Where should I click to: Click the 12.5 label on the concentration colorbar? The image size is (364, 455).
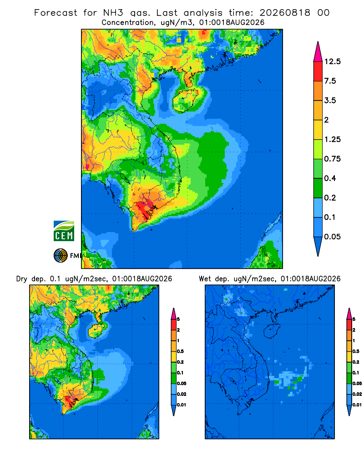[x=332, y=61]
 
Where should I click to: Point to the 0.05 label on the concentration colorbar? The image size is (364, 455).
[x=332, y=237]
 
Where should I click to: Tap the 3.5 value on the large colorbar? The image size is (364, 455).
[x=330, y=101]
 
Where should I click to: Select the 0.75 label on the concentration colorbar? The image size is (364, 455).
[x=332, y=159]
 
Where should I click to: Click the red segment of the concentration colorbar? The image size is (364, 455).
[x=318, y=71]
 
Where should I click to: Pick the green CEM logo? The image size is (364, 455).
[x=64, y=231]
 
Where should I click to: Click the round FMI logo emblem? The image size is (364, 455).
[x=61, y=256]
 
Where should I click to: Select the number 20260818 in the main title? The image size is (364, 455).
[x=285, y=13]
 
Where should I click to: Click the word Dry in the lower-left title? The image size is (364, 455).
[x=21, y=279]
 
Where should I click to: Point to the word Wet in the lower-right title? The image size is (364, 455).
[x=205, y=279]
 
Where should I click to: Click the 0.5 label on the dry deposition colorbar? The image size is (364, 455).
[x=180, y=351]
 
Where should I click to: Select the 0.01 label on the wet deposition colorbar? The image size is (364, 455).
[x=357, y=405]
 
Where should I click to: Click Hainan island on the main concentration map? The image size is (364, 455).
[x=186, y=100]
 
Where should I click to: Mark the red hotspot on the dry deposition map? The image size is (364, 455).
[x=69, y=402]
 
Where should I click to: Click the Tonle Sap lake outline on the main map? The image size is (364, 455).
[x=125, y=177]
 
